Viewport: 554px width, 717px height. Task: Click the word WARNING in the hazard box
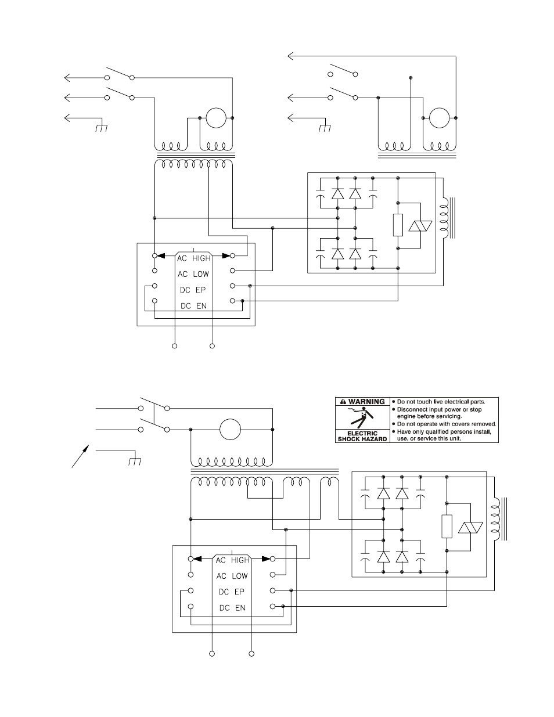point(366,402)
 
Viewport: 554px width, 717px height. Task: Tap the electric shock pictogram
point(362,417)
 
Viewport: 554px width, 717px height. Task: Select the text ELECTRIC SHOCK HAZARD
point(362,436)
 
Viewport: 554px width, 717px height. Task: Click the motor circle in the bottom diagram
point(231,429)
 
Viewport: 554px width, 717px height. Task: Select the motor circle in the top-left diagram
point(216,118)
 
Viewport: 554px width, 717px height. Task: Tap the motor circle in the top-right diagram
point(440,118)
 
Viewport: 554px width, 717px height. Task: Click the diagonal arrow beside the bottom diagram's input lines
point(80,456)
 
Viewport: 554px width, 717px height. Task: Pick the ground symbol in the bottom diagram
point(135,462)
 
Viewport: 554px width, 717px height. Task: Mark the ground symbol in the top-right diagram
point(325,128)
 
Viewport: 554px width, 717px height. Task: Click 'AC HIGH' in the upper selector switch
point(194,258)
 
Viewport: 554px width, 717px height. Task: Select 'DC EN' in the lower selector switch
point(232,608)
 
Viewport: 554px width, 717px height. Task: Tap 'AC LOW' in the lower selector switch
point(232,576)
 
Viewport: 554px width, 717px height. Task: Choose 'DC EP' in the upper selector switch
point(193,290)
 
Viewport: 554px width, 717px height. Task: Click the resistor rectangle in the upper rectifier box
point(398,225)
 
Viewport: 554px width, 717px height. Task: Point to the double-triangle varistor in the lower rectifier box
point(470,528)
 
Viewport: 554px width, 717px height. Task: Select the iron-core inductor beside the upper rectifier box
point(447,218)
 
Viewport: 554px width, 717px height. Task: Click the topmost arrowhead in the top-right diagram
point(291,56)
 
